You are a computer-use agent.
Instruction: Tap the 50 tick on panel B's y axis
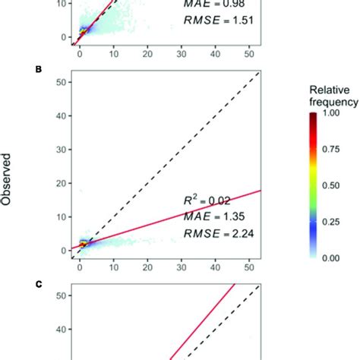[60, 83]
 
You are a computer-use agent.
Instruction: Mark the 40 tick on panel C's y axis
[60, 330]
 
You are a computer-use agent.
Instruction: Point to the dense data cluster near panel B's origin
[85, 244]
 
